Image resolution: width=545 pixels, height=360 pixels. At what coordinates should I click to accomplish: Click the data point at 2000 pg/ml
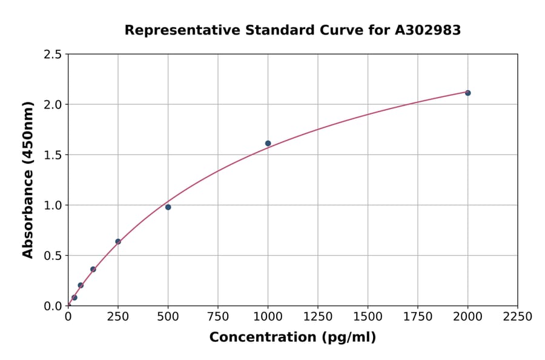[x=467, y=93]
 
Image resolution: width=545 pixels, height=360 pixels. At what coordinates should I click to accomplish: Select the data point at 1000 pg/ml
[x=268, y=144]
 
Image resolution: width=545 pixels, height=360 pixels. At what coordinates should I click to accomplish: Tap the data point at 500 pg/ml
[x=168, y=207]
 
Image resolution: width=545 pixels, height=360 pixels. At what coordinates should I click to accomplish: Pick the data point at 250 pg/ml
[x=118, y=242]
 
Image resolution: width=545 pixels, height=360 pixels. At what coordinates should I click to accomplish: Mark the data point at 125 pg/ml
[x=93, y=269]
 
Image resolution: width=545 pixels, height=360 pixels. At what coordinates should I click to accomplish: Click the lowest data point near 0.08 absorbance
[x=74, y=298]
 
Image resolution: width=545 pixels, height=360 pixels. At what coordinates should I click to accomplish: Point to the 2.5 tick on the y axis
[x=53, y=55]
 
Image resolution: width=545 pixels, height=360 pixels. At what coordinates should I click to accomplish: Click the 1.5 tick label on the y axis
[x=53, y=155]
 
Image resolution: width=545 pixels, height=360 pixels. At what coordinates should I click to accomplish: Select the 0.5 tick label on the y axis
[x=53, y=256]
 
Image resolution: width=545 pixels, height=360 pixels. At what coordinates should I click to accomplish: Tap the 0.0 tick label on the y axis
[x=53, y=306]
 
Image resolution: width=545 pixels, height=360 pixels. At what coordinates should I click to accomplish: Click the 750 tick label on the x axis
[x=218, y=317]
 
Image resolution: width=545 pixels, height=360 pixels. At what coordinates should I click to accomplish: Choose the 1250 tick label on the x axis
[x=318, y=317]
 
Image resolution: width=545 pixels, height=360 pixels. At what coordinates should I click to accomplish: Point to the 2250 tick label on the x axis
[x=518, y=317]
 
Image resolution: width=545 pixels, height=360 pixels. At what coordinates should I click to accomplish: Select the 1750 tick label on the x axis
[x=418, y=317]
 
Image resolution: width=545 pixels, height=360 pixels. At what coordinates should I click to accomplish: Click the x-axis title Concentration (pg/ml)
[x=292, y=338]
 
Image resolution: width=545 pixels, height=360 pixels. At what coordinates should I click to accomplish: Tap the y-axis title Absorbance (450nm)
[x=28, y=180]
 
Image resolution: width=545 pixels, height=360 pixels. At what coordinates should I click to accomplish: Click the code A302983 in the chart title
[x=428, y=30]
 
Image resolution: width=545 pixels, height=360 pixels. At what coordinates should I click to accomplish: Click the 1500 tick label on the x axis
[x=368, y=317]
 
